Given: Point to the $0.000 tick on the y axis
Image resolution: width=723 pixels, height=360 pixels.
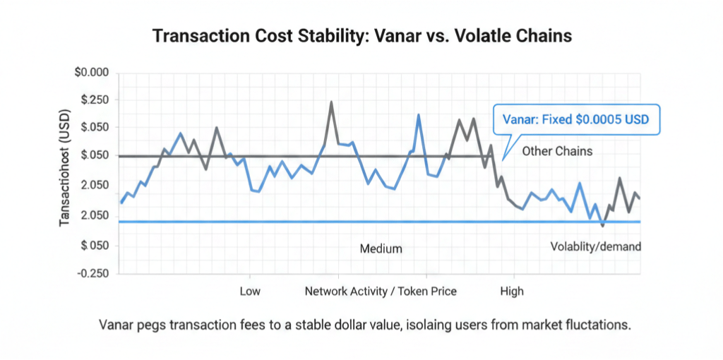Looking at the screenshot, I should pyautogui.click(x=91, y=73).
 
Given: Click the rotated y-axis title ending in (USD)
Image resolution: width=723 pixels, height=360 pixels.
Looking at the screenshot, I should pyautogui.click(x=65, y=166).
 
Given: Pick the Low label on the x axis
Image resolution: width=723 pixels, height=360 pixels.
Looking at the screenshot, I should pyautogui.click(x=250, y=291).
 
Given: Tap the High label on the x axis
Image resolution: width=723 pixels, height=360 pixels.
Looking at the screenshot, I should pyautogui.click(x=512, y=291).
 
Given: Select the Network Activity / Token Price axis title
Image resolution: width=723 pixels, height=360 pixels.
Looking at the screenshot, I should pyautogui.click(x=381, y=291).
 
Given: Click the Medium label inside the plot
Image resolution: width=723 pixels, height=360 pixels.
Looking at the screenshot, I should pyautogui.click(x=381, y=248).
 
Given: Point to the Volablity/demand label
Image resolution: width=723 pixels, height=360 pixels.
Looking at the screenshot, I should pyautogui.click(x=595, y=246).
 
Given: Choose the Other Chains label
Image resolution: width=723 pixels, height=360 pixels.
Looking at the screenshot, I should pyautogui.click(x=557, y=151).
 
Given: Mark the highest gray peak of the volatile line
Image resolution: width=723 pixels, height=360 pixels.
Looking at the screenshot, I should pyautogui.click(x=331, y=103).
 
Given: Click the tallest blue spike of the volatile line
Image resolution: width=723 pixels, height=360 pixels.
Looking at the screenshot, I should pyautogui.click(x=419, y=116).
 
